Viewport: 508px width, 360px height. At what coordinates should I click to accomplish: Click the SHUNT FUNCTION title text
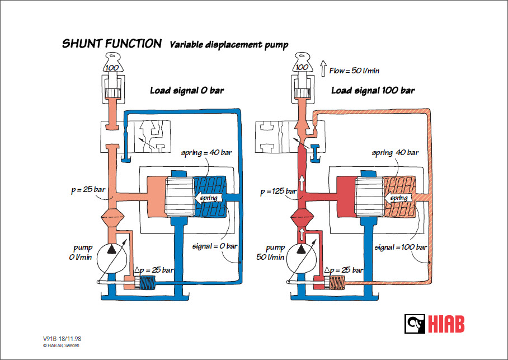tap(112, 44)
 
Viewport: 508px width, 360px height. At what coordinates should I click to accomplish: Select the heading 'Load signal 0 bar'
tap(186, 90)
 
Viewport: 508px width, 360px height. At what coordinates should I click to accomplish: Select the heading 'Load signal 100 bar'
tap(373, 90)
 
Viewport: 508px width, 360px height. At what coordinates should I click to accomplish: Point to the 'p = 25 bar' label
tap(88, 190)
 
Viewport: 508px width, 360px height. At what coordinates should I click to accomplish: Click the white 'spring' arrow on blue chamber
tap(208, 198)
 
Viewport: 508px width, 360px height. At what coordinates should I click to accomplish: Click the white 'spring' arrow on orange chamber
tap(397, 198)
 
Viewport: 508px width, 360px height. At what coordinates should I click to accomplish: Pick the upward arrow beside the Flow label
tap(323, 69)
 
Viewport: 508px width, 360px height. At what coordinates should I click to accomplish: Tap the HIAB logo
tap(435, 324)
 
